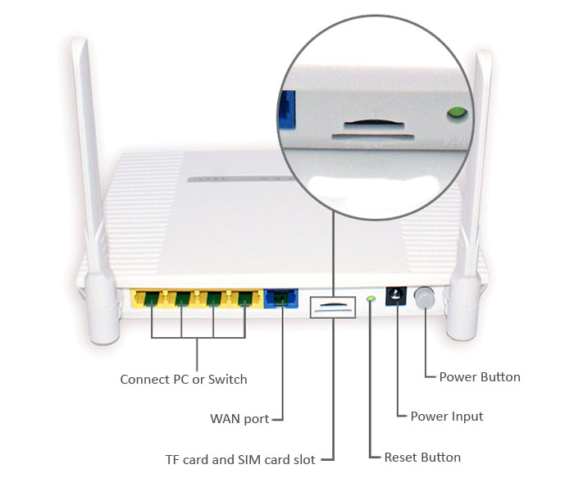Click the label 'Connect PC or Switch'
pos(184,380)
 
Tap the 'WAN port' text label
pos(239,419)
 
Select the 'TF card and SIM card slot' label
pos(240,460)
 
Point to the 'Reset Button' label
pos(422,458)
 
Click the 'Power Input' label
pos(447,417)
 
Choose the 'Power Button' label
pos(480,377)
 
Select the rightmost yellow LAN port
pos(245,298)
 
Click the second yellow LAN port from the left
pos(182,298)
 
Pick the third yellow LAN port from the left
pos(214,298)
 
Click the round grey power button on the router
pos(425,298)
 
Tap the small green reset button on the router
pos(371,298)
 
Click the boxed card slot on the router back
pos(333,305)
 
